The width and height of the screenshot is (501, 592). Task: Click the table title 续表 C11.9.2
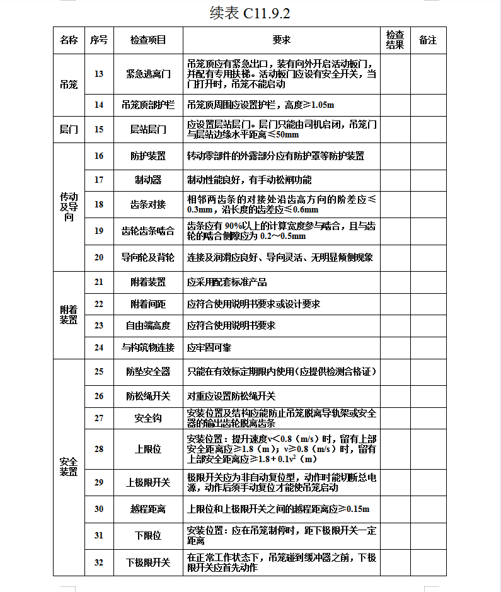point(250,13)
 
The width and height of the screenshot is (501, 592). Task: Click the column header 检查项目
point(148,40)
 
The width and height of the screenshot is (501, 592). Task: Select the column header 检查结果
point(395,40)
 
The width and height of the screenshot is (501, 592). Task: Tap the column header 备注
point(428,40)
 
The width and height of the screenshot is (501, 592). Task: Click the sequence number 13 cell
point(99,74)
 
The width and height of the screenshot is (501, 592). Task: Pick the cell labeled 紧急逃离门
point(148,74)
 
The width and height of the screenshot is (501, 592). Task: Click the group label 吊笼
point(69,84)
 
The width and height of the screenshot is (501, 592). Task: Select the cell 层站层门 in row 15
point(148,129)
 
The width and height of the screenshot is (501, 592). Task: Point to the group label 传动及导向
point(69,207)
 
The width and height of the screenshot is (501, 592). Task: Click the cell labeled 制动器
point(148,180)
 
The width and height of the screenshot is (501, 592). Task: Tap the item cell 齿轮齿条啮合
point(148,231)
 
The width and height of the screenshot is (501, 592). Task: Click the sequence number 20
point(99,257)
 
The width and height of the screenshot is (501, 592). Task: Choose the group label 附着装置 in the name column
point(69,315)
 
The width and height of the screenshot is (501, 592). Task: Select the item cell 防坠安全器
point(148,372)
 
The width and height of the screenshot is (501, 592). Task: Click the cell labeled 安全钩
point(148,418)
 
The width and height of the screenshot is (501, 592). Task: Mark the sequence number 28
point(99,449)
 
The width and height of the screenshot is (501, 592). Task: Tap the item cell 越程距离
point(148,509)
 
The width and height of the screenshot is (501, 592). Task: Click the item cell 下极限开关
point(148,562)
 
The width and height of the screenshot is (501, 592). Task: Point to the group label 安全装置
point(69,467)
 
